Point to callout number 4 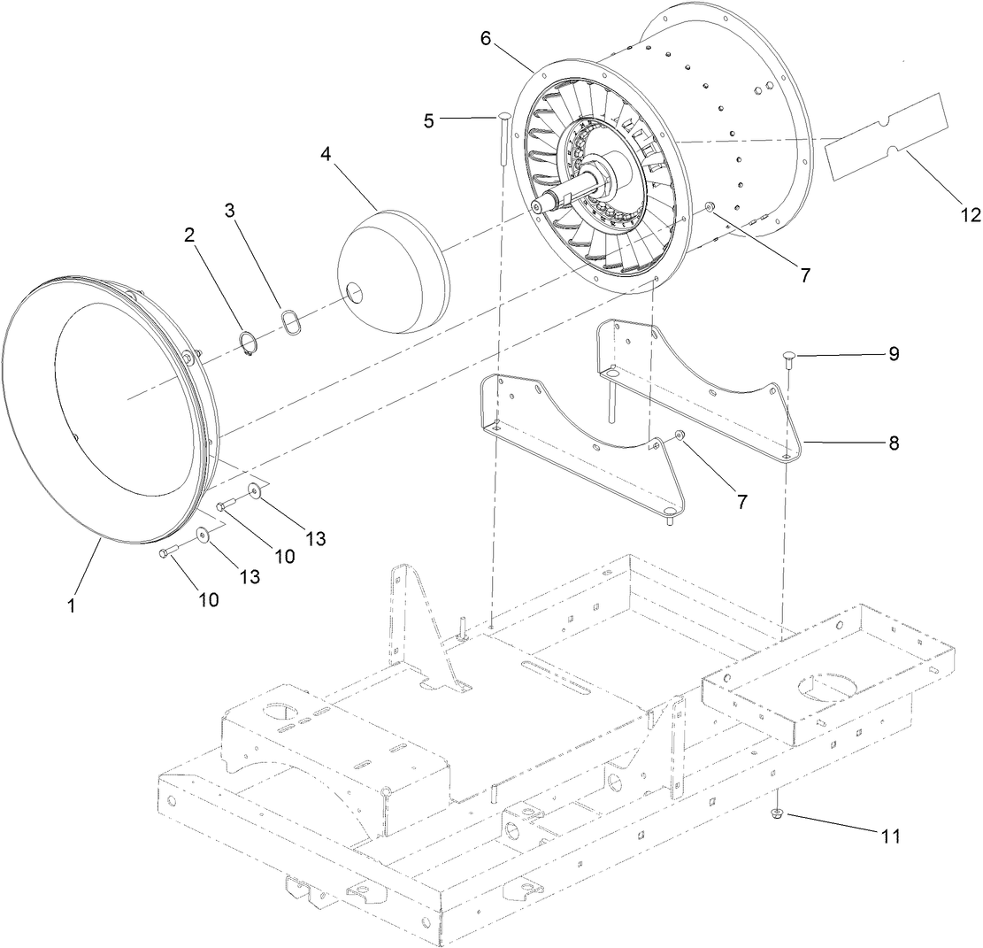pyautogui.click(x=326, y=154)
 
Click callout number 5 pyautogui.click(x=428, y=121)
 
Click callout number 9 pyautogui.click(x=893, y=353)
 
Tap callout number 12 pyautogui.click(x=968, y=214)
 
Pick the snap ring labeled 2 pyautogui.click(x=248, y=345)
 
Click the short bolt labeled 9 pyautogui.click(x=787, y=357)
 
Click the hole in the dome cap pyautogui.click(x=353, y=293)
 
